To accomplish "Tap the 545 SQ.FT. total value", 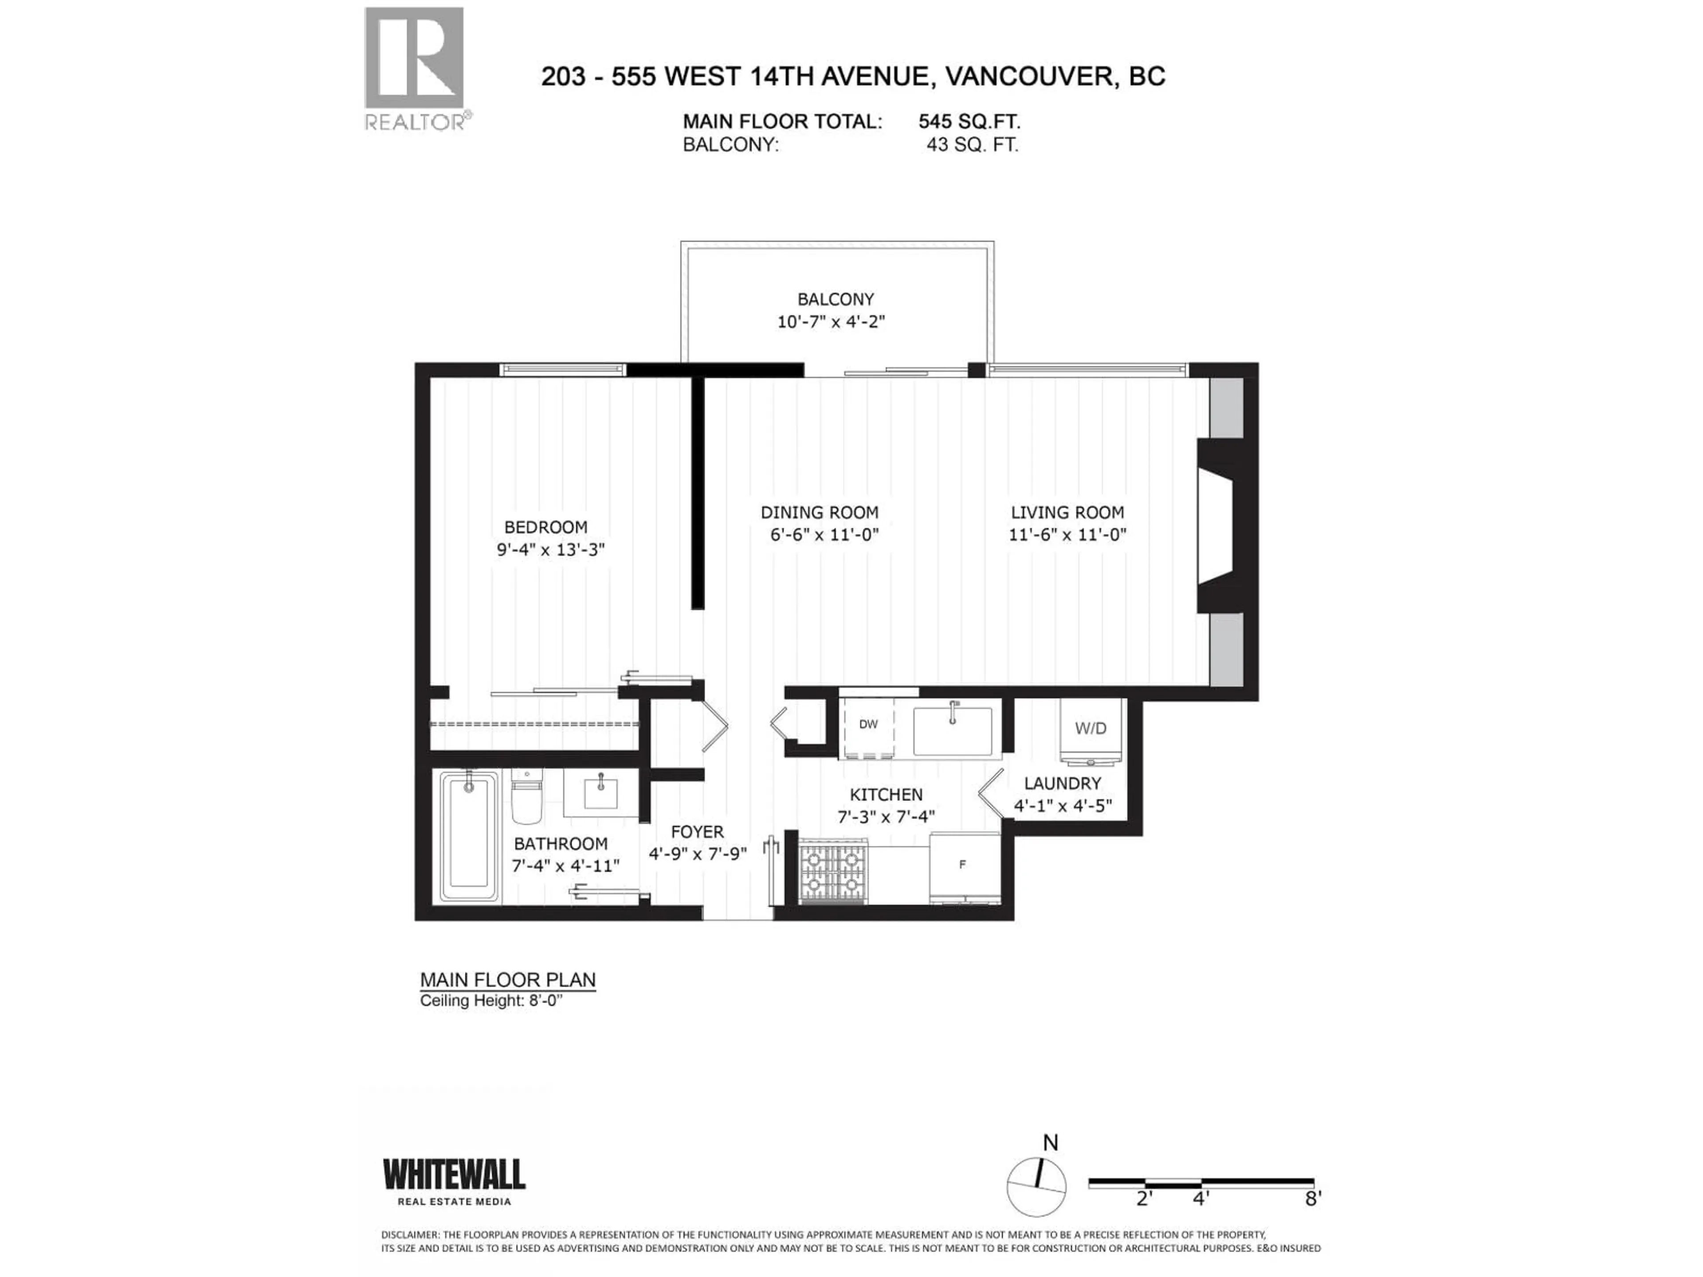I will point(969,121).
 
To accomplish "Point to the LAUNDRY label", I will point(1063,783).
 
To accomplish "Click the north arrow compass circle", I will point(1036,1187).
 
